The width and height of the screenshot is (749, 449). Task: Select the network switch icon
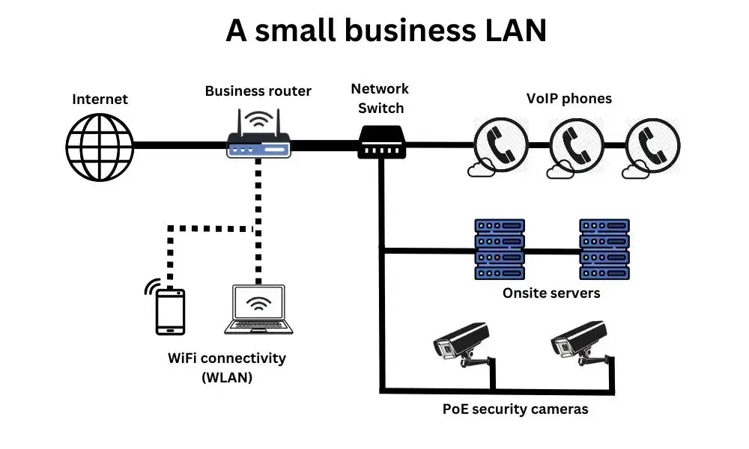(380, 141)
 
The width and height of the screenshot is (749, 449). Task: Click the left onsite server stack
(500, 249)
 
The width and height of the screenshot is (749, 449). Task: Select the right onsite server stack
(604, 249)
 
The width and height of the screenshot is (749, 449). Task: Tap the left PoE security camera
(462, 344)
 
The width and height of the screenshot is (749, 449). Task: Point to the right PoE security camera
(579, 344)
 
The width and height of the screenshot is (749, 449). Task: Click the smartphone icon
(170, 311)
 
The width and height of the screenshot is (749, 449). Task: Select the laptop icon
(258, 309)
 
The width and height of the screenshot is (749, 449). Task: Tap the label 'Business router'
(258, 91)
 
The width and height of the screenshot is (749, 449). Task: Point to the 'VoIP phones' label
(568, 99)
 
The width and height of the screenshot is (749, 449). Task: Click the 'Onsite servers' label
(551, 293)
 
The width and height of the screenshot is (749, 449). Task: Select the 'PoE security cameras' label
(515, 409)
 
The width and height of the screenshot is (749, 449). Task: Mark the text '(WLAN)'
(227, 378)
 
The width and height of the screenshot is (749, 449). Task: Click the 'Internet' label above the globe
(100, 99)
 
